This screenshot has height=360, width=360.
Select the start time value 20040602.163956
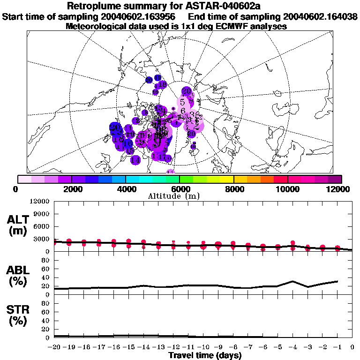142,17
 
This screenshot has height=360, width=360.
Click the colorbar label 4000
126,189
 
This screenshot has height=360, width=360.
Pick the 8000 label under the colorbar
234,189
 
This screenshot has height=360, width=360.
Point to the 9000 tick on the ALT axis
42,214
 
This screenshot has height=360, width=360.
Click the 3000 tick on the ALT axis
42,239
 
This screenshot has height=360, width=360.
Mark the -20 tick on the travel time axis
54,347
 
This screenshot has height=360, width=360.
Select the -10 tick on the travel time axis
203,347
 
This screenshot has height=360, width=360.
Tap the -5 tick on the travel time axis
277,347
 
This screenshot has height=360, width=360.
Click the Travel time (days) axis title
205,355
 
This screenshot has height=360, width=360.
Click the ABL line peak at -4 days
292,281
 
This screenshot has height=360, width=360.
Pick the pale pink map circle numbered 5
182,102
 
